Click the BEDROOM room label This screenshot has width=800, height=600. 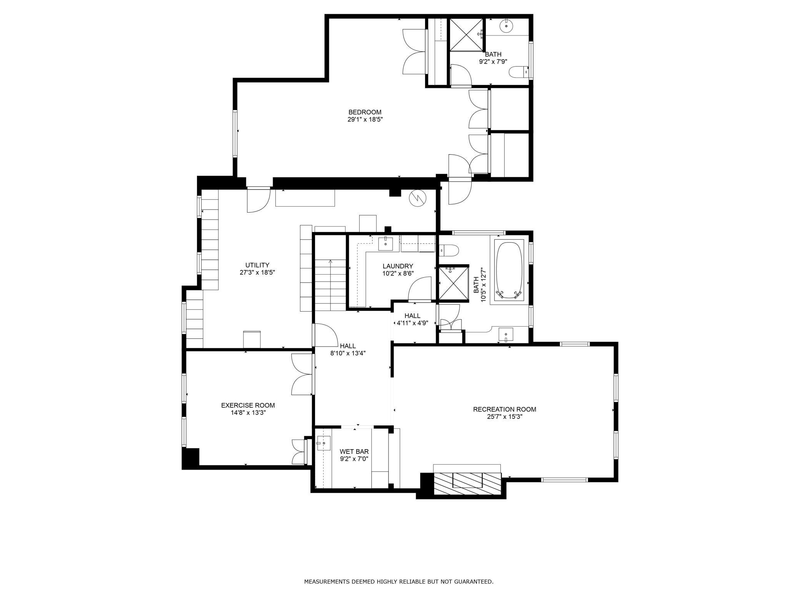click(365, 112)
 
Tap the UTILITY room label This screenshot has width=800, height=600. click(257, 265)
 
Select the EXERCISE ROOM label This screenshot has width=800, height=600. click(248, 405)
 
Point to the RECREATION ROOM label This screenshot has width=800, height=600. click(505, 409)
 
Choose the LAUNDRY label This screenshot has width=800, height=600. click(398, 266)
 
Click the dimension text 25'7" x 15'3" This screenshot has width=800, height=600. click(505, 417)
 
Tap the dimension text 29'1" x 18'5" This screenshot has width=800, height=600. click(365, 120)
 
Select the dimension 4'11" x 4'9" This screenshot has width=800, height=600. click(412, 323)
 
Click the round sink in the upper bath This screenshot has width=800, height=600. click(507, 26)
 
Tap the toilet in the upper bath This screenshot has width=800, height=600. click(519, 72)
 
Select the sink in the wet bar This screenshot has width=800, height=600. click(323, 443)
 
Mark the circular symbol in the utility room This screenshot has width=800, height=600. click(418, 198)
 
